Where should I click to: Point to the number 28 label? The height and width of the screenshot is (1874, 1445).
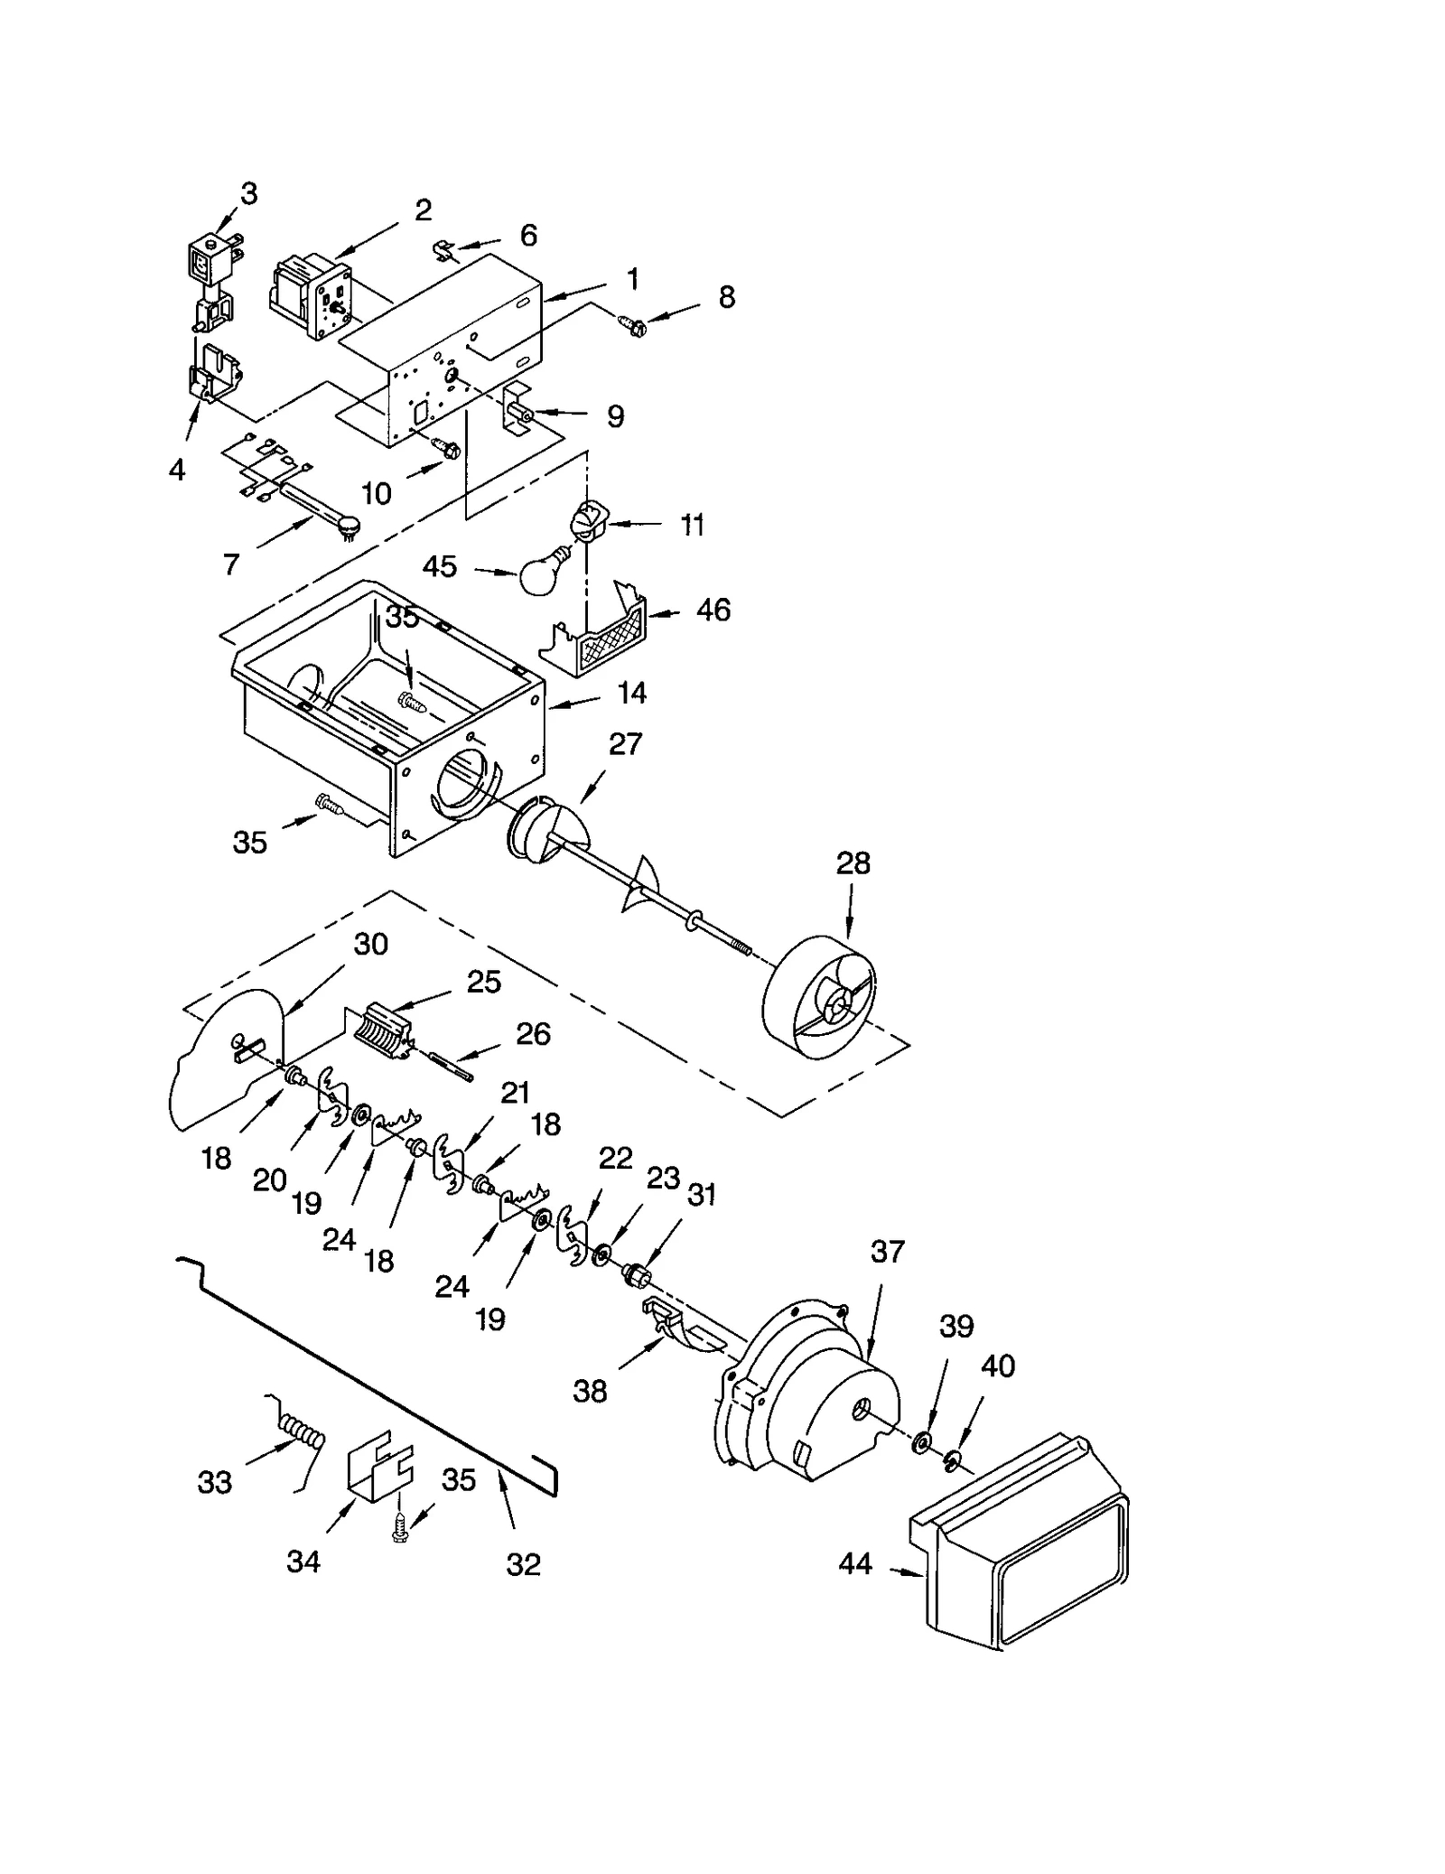click(x=853, y=863)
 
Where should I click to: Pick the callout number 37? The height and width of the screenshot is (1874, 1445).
click(x=887, y=1252)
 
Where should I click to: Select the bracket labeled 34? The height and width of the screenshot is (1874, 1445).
click(x=379, y=1469)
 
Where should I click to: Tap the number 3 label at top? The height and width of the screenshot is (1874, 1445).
click(x=248, y=194)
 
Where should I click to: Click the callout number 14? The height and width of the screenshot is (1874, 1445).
click(x=631, y=693)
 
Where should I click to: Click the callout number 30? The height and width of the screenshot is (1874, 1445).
click(x=370, y=944)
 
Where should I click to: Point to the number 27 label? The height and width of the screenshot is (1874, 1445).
click(x=625, y=744)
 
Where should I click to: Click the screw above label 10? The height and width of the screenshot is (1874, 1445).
click(x=446, y=446)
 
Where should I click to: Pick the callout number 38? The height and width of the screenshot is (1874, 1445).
click(x=590, y=1392)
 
